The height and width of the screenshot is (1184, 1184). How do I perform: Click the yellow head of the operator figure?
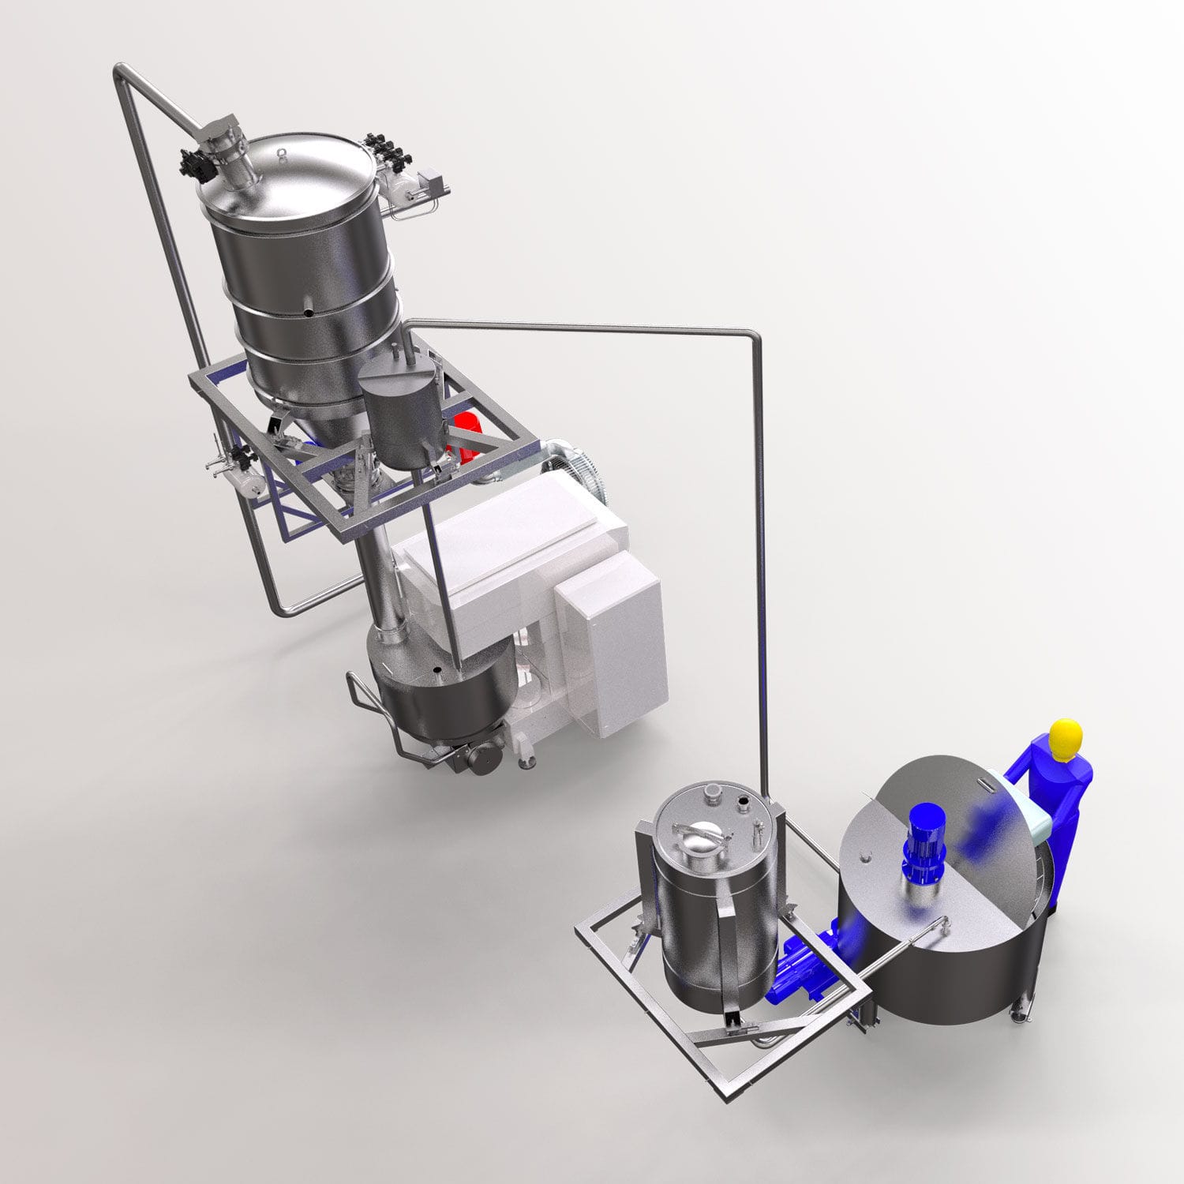(1065, 736)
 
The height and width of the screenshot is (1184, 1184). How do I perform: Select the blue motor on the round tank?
(921, 844)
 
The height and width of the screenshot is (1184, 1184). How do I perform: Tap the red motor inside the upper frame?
(466, 433)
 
